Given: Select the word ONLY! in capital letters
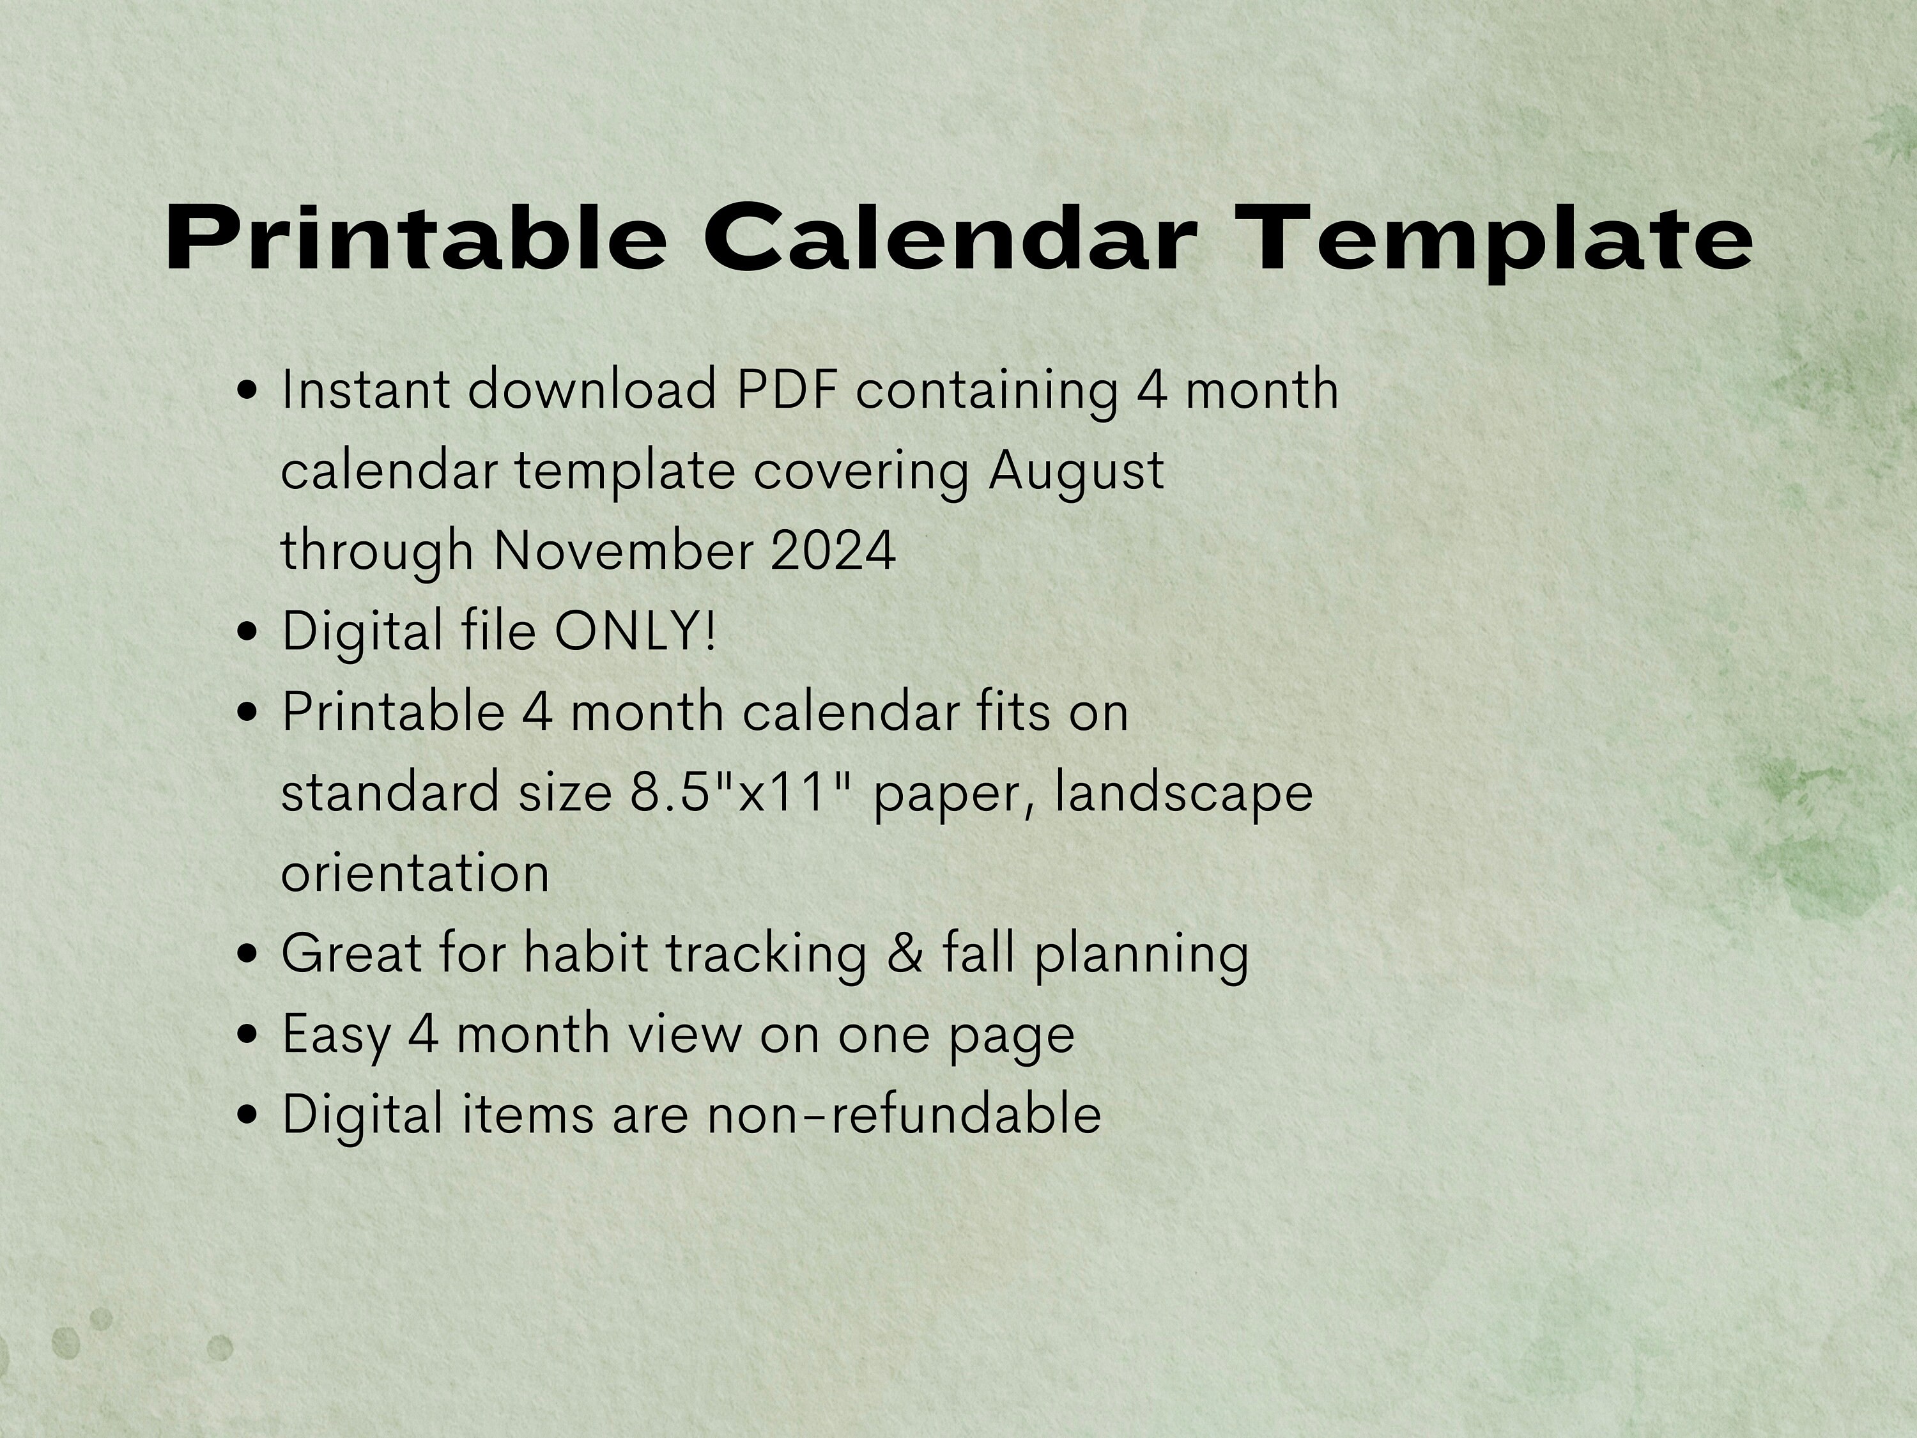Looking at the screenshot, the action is [636, 630].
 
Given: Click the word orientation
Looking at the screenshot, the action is [415, 873].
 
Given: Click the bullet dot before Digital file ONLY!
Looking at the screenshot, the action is [248, 632].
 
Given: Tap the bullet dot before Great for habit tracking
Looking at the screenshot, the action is [248, 954].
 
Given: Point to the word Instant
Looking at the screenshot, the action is [365, 389].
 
